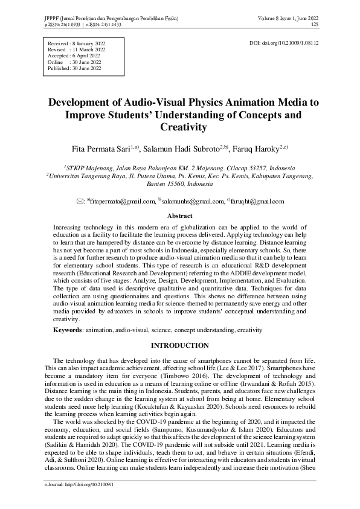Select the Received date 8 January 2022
(87, 45)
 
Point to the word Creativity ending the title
(179, 127)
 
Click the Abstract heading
(179, 216)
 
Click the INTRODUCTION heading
(179, 345)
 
